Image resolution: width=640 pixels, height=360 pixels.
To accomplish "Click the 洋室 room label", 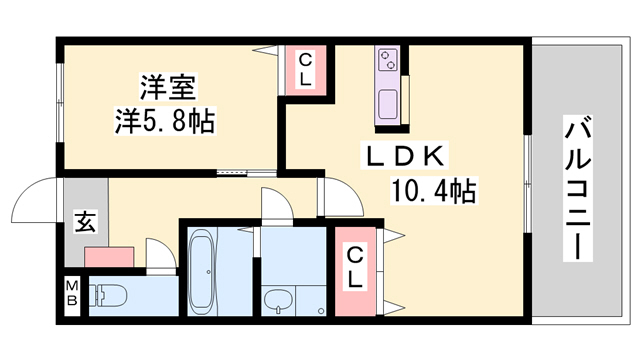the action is pos(168,87).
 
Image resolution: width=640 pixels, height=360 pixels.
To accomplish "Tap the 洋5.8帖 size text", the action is pos(164,120).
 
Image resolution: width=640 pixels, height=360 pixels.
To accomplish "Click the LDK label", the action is pos(404,156).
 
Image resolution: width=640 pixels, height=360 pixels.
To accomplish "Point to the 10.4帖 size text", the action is pos(433,191).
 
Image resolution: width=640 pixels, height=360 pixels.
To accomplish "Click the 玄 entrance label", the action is pos(85,222).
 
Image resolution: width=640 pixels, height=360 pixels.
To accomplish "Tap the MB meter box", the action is pos(72,292).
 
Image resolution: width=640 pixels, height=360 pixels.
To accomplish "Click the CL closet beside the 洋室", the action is pos(305,70).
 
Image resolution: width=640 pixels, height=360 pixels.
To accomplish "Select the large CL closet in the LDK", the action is pos(355,271).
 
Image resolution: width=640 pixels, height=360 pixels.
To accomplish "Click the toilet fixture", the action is pos(108,295).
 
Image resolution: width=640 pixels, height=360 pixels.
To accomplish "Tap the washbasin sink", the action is pos(278,301).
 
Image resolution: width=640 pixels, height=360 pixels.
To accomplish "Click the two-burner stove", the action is pos(387,59).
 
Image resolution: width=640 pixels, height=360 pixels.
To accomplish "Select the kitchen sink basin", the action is pos(388,104).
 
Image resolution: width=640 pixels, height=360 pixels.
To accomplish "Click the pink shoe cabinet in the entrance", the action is pos(109,257).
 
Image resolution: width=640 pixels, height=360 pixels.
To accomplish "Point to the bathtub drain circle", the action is pos(209,272).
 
